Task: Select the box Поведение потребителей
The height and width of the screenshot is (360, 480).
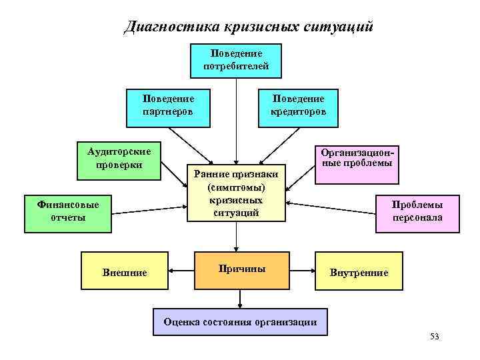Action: pyautogui.click(x=236, y=60)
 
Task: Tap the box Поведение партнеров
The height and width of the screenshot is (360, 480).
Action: pyautogui.click(x=168, y=105)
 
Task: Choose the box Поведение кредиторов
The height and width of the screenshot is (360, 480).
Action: pyautogui.click(x=297, y=105)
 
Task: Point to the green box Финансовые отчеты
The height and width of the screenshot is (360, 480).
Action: pyautogui.click(x=67, y=212)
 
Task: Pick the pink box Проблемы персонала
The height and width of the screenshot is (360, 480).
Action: pyautogui.click(x=417, y=212)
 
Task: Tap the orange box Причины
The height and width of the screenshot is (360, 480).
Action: pyautogui.click(x=241, y=269)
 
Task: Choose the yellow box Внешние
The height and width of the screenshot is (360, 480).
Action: pyautogui.click(x=125, y=272)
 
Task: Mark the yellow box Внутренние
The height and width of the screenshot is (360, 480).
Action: pyautogui.click(x=359, y=272)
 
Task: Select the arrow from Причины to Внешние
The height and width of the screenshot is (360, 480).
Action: pyautogui.click(x=181, y=271)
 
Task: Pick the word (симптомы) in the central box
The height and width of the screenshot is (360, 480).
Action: pyautogui.click(x=237, y=188)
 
